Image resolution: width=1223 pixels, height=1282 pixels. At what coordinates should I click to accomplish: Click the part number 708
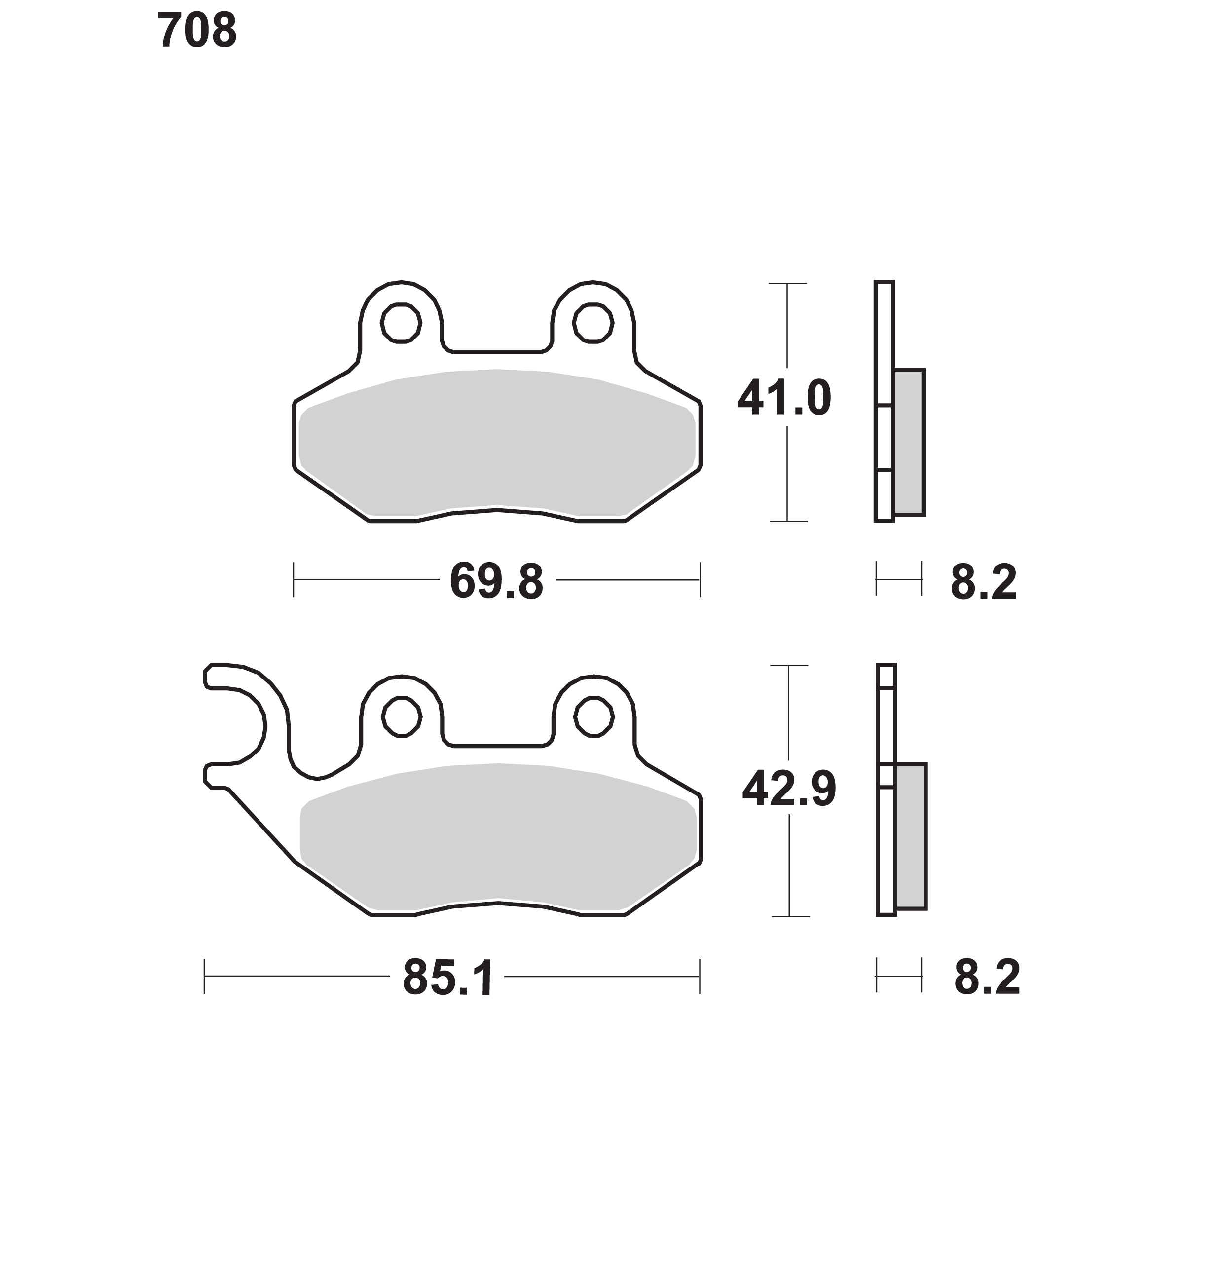click(x=197, y=31)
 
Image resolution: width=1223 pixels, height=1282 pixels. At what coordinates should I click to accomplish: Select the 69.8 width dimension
click(x=496, y=582)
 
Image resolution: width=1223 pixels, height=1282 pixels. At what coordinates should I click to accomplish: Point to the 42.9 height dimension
click(x=789, y=790)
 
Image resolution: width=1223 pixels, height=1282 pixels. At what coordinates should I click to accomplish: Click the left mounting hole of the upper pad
click(x=401, y=323)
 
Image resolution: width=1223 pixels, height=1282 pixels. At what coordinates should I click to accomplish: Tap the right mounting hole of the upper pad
click(x=593, y=323)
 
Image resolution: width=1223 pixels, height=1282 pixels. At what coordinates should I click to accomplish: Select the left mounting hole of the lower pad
click(x=401, y=716)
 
